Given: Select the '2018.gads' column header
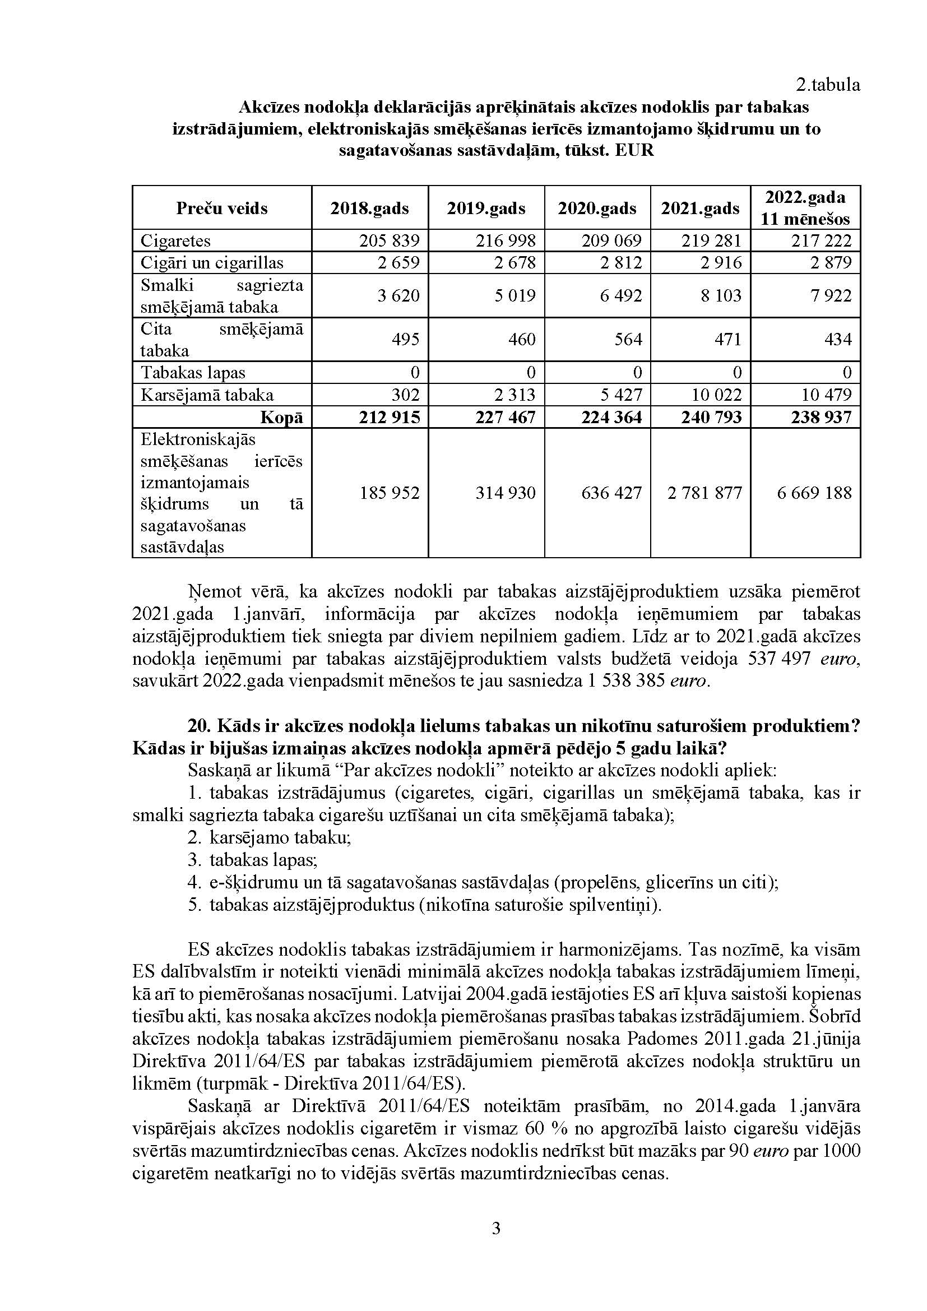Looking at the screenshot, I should pyautogui.click(x=369, y=208).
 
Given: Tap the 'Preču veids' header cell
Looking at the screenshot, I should pyautogui.click(x=221, y=208).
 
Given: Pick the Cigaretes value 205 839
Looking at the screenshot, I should pyautogui.click(x=390, y=240).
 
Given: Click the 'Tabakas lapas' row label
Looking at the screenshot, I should pyautogui.click(x=193, y=373).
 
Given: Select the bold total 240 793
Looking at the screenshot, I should pyautogui.click(x=711, y=418).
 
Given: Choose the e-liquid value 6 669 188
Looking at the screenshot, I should pyautogui.click(x=814, y=493).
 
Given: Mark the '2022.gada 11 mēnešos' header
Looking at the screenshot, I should pyautogui.click(x=805, y=208).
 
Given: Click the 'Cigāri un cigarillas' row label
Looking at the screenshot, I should pyautogui.click(x=212, y=263).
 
